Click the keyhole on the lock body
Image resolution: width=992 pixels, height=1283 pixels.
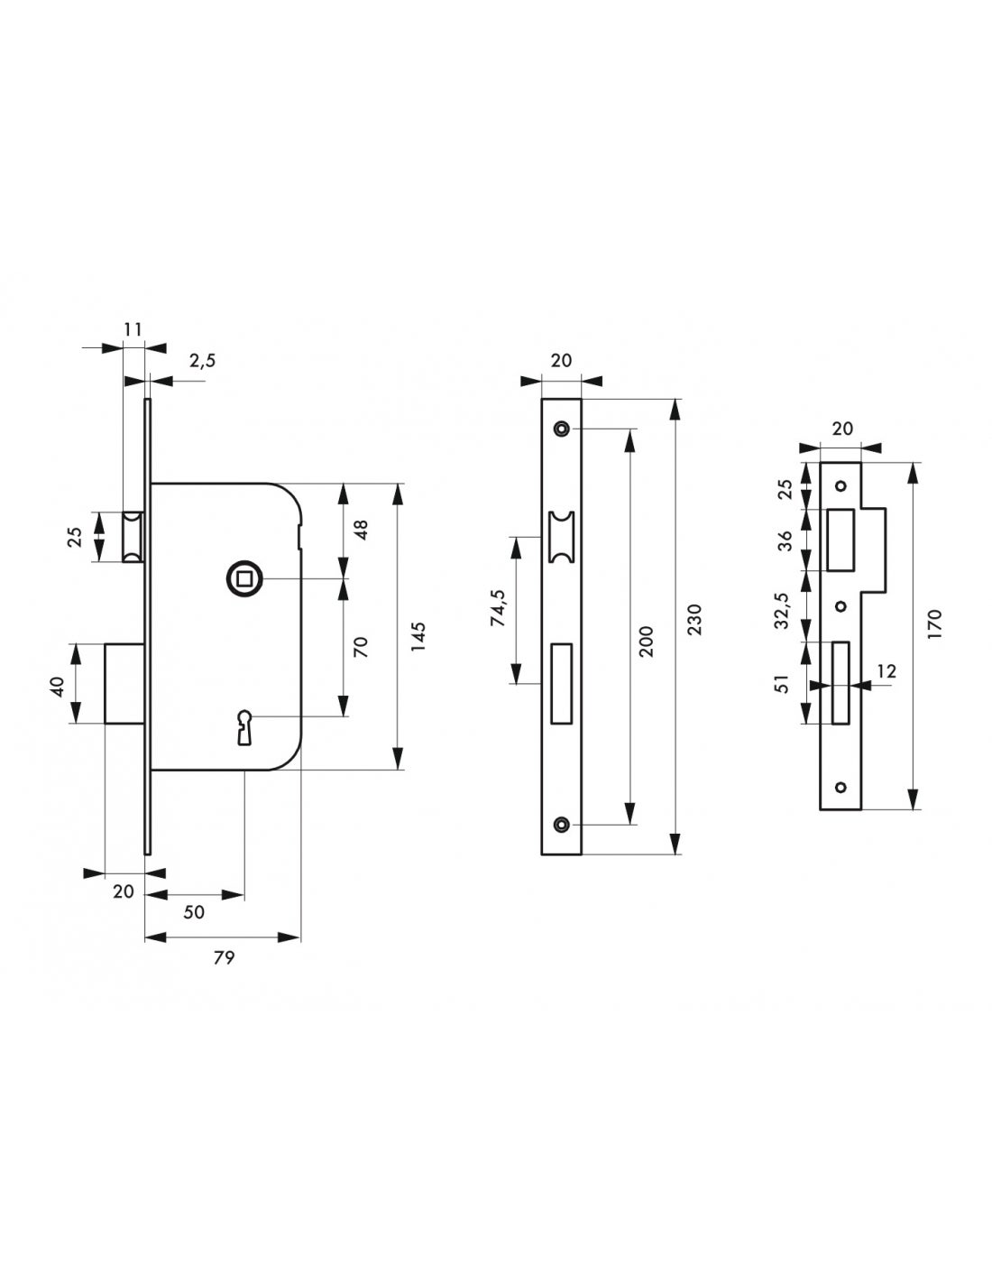point(243,725)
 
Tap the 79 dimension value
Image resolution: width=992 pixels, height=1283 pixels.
point(224,957)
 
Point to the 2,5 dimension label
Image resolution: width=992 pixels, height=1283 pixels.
point(202,361)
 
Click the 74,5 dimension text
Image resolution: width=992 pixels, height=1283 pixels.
point(498,610)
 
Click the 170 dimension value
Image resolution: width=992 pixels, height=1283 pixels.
point(933,624)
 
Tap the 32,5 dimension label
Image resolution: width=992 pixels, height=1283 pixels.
point(784,610)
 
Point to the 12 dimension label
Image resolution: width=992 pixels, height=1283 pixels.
point(886,670)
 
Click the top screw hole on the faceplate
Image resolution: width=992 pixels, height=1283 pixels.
point(563,428)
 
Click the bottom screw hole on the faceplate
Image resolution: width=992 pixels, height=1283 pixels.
point(563,824)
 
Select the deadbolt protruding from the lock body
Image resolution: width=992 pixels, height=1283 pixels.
point(125,682)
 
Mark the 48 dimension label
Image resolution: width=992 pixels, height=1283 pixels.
point(361,530)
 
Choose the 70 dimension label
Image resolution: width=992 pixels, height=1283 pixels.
point(361,646)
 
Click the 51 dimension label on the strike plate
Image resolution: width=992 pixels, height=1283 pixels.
point(784,682)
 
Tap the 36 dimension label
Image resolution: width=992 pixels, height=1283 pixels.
point(785,540)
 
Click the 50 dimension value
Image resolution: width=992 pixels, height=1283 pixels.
point(194,912)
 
